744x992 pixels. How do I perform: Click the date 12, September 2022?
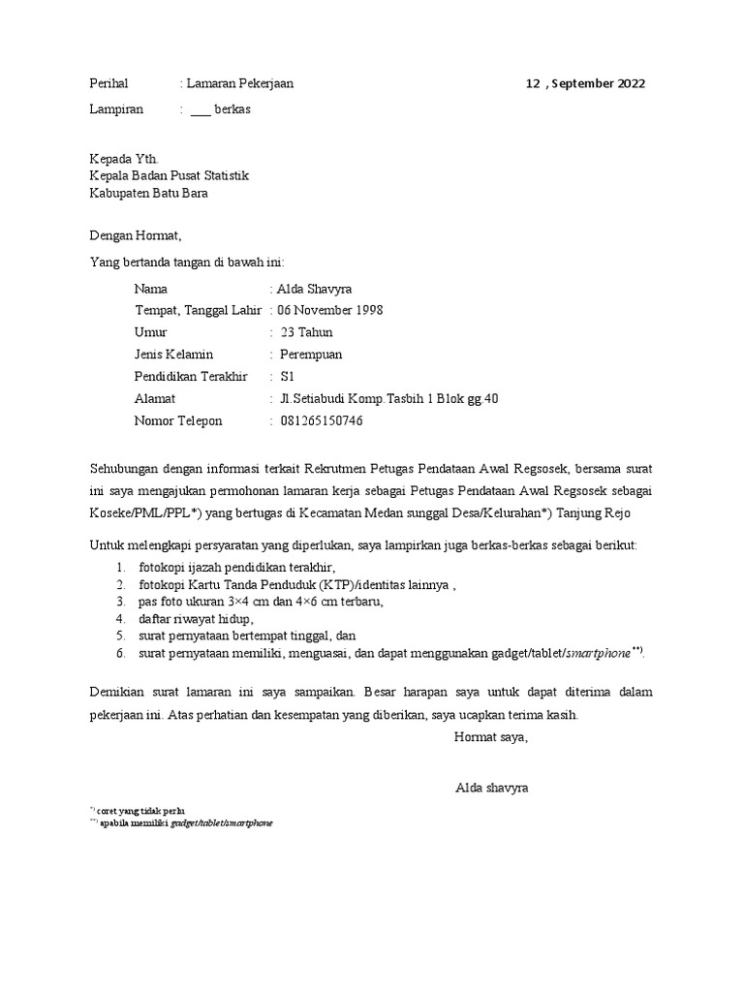pyautogui.click(x=585, y=83)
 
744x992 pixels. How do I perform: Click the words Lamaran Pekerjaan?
pyautogui.click(x=239, y=83)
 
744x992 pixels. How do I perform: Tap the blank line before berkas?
pyautogui.click(x=200, y=110)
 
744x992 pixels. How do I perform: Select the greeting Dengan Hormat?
pyautogui.click(x=135, y=234)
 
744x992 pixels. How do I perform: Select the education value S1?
pyautogui.click(x=287, y=377)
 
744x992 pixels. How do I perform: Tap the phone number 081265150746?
pyautogui.click(x=322, y=420)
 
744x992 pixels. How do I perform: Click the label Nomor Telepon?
pyautogui.click(x=178, y=420)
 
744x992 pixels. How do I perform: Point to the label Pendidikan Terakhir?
pyautogui.click(x=191, y=377)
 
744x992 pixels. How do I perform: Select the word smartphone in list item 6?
pyautogui.click(x=596, y=655)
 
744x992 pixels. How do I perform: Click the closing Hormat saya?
pyautogui.click(x=490, y=738)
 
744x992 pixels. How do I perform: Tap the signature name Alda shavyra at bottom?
pyautogui.click(x=491, y=788)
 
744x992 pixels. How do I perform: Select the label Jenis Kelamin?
pyautogui.click(x=173, y=355)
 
